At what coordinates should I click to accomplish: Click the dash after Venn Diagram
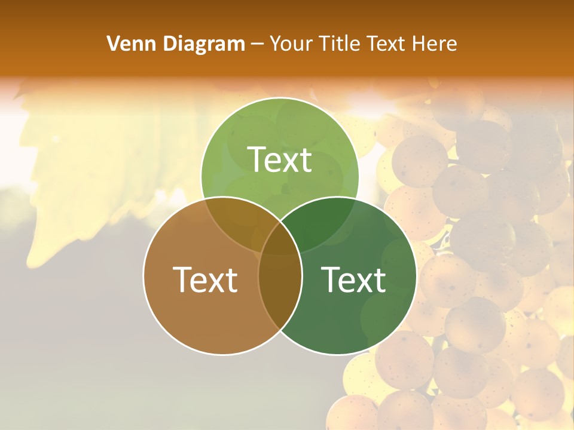257,44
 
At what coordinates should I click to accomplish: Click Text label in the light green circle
279,159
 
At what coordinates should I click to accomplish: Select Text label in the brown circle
205,279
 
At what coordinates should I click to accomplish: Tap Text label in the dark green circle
353,279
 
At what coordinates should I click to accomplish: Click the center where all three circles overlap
280,239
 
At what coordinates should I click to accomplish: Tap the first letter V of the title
112,44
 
